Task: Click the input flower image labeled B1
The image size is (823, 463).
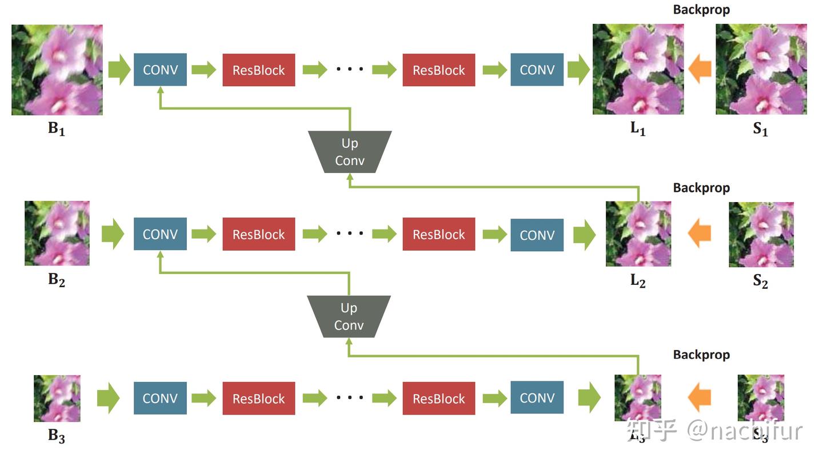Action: (x=57, y=70)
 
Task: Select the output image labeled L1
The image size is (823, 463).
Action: (x=638, y=69)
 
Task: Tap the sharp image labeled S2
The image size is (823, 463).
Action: (x=761, y=234)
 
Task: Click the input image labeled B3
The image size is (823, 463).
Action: (x=57, y=398)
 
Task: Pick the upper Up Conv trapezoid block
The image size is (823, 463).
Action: (x=350, y=152)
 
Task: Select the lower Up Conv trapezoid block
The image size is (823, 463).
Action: (x=349, y=316)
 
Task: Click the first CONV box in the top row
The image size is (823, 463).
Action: (x=160, y=70)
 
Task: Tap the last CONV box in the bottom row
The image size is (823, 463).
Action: (x=537, y=398)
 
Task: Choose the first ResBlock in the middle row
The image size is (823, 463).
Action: (x=258, y=234)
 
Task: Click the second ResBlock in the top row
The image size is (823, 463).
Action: (x=438, y=70)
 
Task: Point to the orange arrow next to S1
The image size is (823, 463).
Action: (x=700, y=70)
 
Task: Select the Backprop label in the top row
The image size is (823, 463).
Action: (x=701, y=10)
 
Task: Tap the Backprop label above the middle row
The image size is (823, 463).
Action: (x=701, y=188)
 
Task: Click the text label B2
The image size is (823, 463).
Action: (x=57, y=280)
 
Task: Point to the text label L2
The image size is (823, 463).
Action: (x=638, y=280)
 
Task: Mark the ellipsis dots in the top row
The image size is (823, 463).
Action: (x=350, y=70)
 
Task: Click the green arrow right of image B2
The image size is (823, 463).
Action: (x=113, y=234)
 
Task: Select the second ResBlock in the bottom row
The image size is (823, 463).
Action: (x=438, y=398)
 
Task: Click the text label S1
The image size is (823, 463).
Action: (x=761, y=129)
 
